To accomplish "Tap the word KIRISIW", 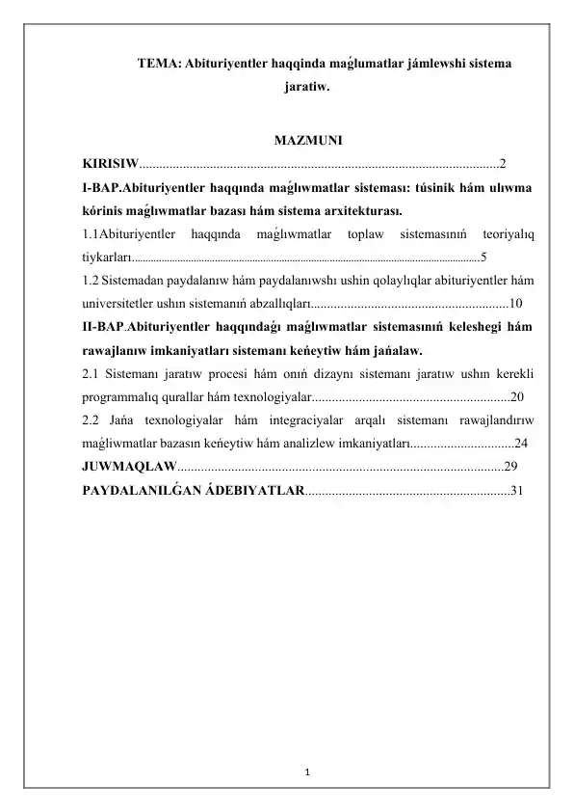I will coord(109,162).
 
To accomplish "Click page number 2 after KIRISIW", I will coord(503,162).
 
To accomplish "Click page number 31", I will coord(518,490).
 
